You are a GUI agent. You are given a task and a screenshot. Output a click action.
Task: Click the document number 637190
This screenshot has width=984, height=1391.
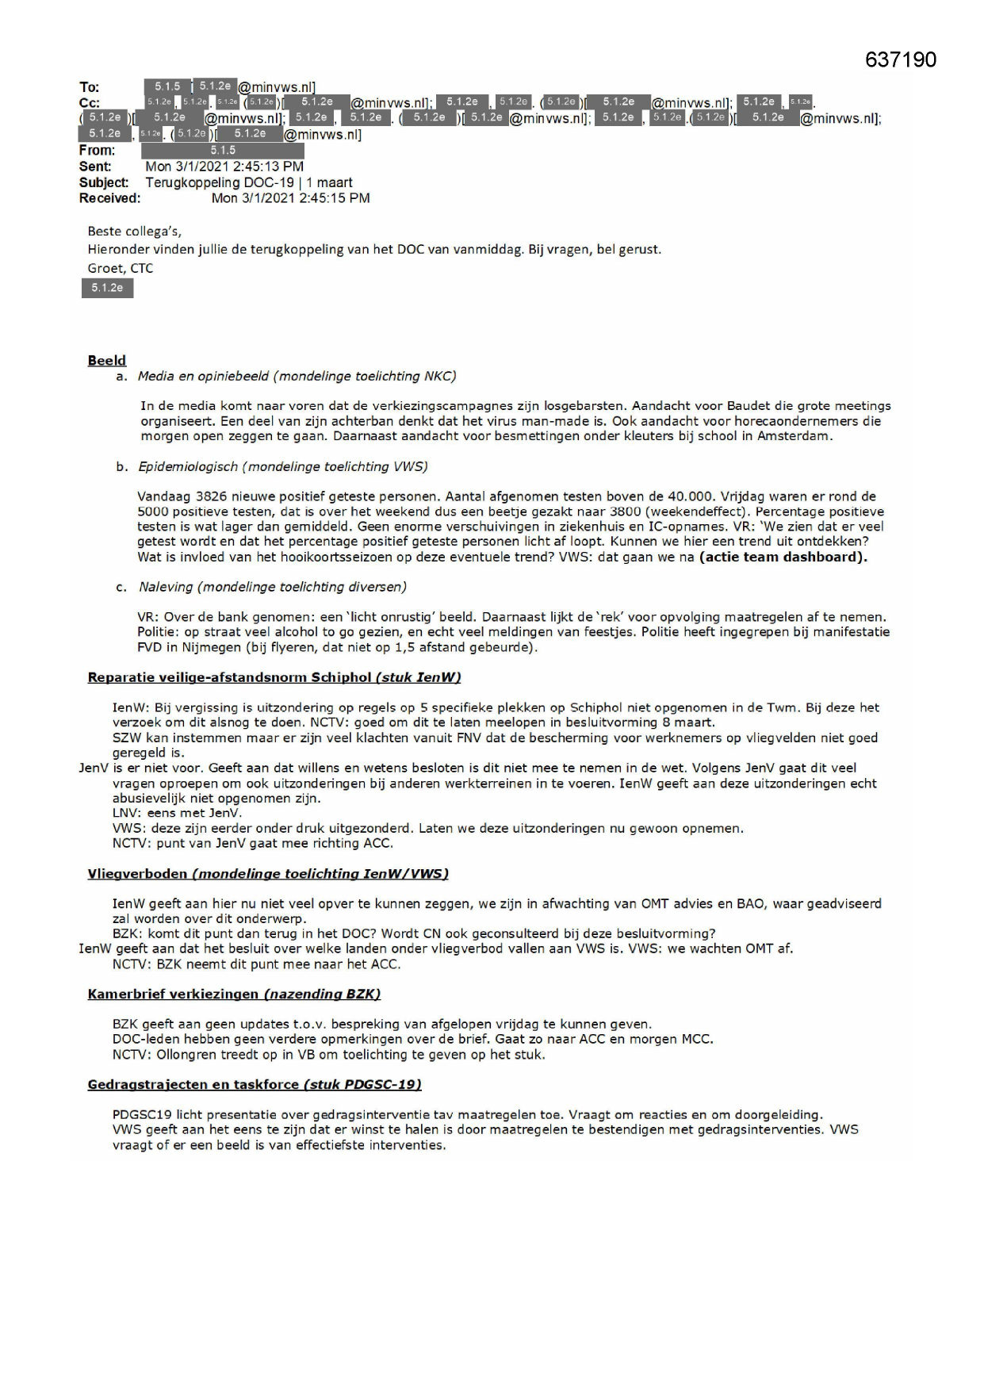tap(900, 59)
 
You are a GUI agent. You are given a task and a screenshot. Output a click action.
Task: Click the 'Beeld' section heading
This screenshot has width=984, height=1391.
tap(106, 361)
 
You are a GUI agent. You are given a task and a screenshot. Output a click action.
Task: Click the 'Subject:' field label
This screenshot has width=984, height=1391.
tap(104, 182)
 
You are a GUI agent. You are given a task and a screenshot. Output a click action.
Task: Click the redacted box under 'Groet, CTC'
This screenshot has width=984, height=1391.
tap(107, 288)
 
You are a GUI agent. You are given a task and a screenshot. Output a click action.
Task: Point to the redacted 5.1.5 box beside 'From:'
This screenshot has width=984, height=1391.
tap(223, 151)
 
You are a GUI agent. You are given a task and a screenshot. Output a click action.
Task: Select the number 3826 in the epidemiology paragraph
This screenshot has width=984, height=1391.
tap(202, 496)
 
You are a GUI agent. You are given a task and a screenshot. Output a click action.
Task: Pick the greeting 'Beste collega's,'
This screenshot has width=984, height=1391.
tap(134, 232)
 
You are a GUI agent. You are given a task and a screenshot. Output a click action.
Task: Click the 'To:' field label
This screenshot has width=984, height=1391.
tap(89, 87)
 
